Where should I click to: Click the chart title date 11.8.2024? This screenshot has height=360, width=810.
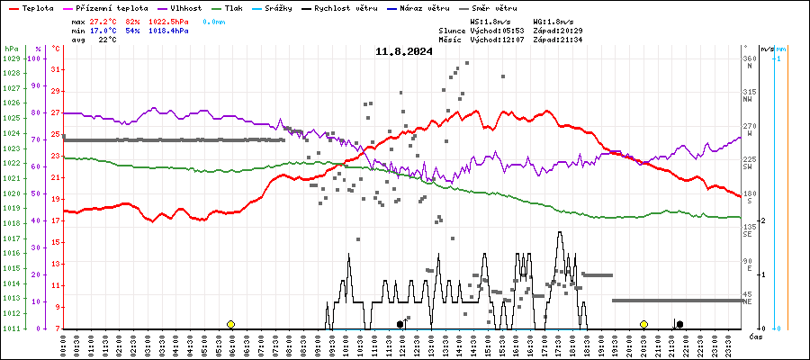tap(404, 51)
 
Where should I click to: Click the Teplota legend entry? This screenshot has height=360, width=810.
tap(37, 7)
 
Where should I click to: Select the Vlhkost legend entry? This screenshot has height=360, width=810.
tap(185, 7)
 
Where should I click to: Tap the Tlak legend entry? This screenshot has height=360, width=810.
tap(243, 7)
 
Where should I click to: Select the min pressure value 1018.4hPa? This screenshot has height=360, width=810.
tap(168, 30)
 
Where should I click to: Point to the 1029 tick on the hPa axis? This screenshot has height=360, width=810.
tap(11, 58)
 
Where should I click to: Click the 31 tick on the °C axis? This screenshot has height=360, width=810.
tap(55, 69)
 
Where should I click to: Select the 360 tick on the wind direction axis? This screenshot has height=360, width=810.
tap(749, 58)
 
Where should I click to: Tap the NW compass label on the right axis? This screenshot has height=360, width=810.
tap(747, 100)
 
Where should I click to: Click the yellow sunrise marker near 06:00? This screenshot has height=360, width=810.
tap(231, 324)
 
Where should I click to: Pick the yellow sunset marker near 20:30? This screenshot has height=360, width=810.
tap(644, 324)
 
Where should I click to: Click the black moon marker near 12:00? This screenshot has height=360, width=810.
tap(400, 324)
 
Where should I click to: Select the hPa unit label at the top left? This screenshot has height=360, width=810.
tap(10, 49)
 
